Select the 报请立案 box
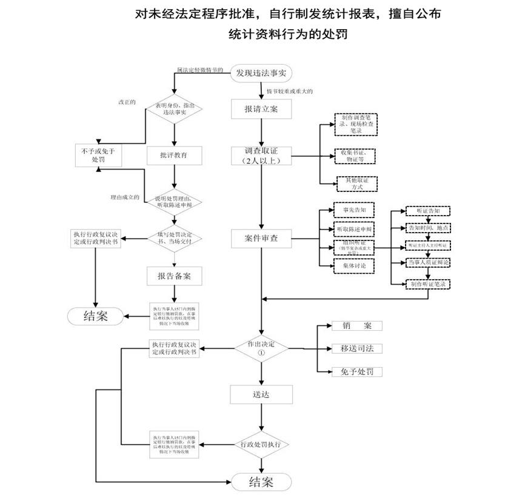click(261, 110)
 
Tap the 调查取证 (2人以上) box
click(261, 156)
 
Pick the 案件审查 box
click(261, 238)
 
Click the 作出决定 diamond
click(261, 348)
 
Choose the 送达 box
click(261, 394)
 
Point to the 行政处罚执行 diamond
click(261, 445)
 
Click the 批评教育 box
click(174, 156)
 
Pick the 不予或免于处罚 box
click(98, 156)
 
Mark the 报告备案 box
click(174, 276)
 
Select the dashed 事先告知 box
click(354, 211)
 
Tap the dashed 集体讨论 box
click(354, 265)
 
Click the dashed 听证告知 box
click(429, 211)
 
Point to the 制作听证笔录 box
click(429, 283)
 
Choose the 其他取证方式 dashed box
click(357, 184)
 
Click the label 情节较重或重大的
click(290, 92)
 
